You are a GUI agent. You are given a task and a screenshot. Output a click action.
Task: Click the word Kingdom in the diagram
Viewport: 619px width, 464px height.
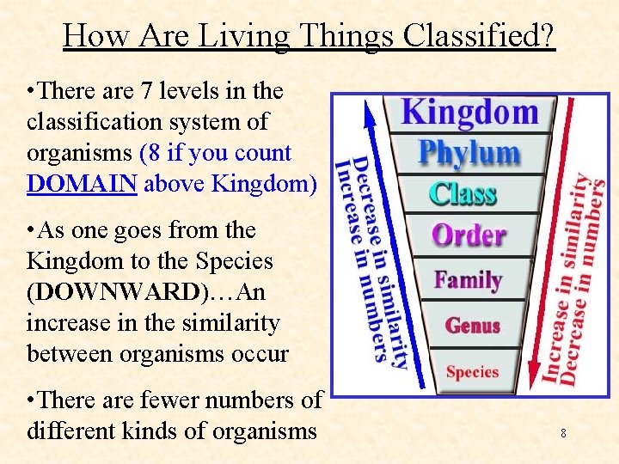(x=469, y=113)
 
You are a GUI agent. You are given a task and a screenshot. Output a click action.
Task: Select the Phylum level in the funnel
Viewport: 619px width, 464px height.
(x=469, y=153)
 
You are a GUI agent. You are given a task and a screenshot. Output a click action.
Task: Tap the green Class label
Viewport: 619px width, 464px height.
(x=463, y=193)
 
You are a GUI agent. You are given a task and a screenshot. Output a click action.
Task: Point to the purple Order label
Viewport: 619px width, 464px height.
(x=468, y=235)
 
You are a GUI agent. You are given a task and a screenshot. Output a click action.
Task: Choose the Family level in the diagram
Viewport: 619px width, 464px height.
(x=468, y=280)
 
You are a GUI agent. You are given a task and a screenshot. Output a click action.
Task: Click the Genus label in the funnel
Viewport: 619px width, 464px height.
(x=472, y=326)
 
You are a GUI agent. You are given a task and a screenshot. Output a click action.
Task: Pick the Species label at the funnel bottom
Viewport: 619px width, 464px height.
(x=472, y=372)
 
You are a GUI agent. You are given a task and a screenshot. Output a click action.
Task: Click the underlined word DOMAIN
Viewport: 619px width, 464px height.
(x=81, y=184)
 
